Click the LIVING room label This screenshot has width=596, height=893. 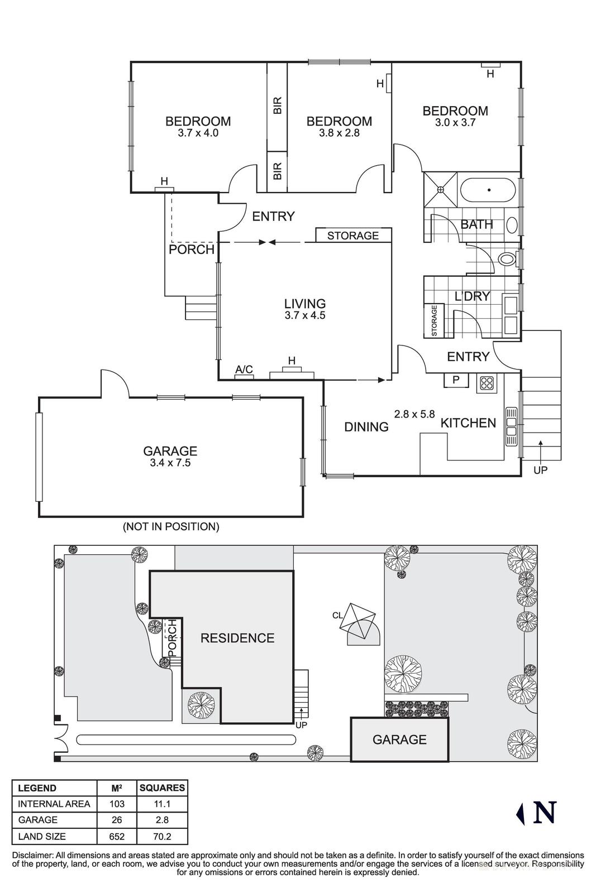[x=304, y=304]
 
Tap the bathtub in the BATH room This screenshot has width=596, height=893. [x=488, y=190]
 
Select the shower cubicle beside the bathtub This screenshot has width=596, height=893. [x=441, y=190]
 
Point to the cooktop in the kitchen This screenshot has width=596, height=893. [x=487, y=383]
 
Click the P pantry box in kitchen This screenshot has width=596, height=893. [x=456, y=380]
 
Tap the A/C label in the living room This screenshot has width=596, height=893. [x=244, y=369]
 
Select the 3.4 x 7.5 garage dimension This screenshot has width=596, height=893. [x=170, y=463]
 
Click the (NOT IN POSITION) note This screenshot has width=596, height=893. [x=171, y=526]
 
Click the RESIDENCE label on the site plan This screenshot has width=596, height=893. [x=237, y=638]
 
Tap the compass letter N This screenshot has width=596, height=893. [x=545, y=813]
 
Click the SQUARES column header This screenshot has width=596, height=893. [x=162, y=788]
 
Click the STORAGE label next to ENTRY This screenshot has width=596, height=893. [x=352, y=236]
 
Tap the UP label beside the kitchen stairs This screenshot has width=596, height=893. [x=540, y=470]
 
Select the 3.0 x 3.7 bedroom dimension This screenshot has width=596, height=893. [x=455, y=122]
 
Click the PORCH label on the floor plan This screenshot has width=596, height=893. [x=192, y=249]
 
